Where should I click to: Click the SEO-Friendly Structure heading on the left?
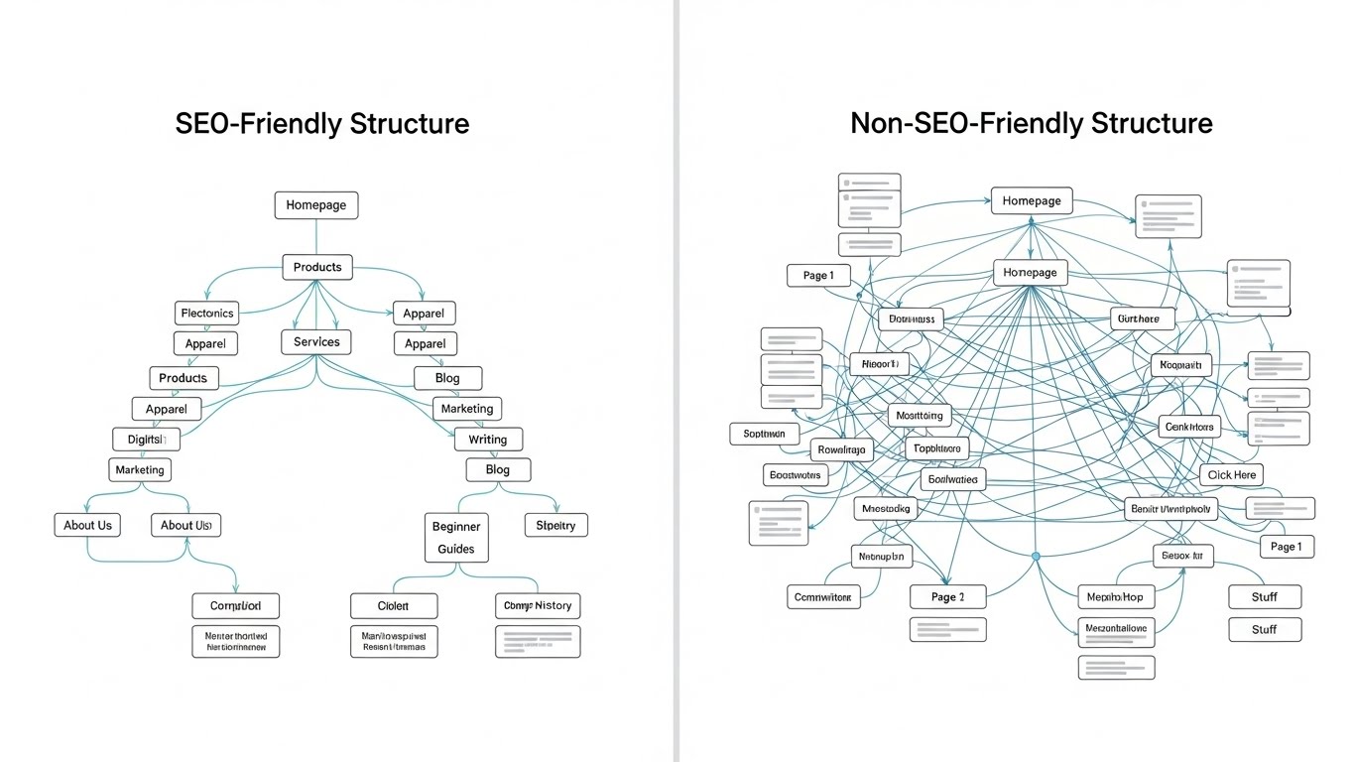(x=321, y=124)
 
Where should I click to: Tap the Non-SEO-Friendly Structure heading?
(x=1031, y=124)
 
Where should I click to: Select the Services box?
(x=316, y=342)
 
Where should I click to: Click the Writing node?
(x=487, y=440)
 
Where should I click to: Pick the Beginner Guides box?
(x=456, y=538)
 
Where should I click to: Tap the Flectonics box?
(x=207, y=314)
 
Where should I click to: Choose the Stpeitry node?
(x=555, y=525)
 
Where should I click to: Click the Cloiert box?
(x=393, y=605)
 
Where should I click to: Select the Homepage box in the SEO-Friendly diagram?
(x=315, y=205)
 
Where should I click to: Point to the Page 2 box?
(x=947, y=597)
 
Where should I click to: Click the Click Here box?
(x=1232, y=475)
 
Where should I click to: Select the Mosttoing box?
(x=920, y=416)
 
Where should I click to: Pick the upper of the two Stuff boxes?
(x=1264, y=597)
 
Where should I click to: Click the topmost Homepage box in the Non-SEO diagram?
(x=1032, y=201)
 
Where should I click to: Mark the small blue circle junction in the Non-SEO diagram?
(x=1036, y=557)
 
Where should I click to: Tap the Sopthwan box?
(x=764, y=434)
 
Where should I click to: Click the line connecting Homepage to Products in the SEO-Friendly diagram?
(x=315, y=237)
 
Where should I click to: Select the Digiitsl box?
(x=146, y=439)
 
